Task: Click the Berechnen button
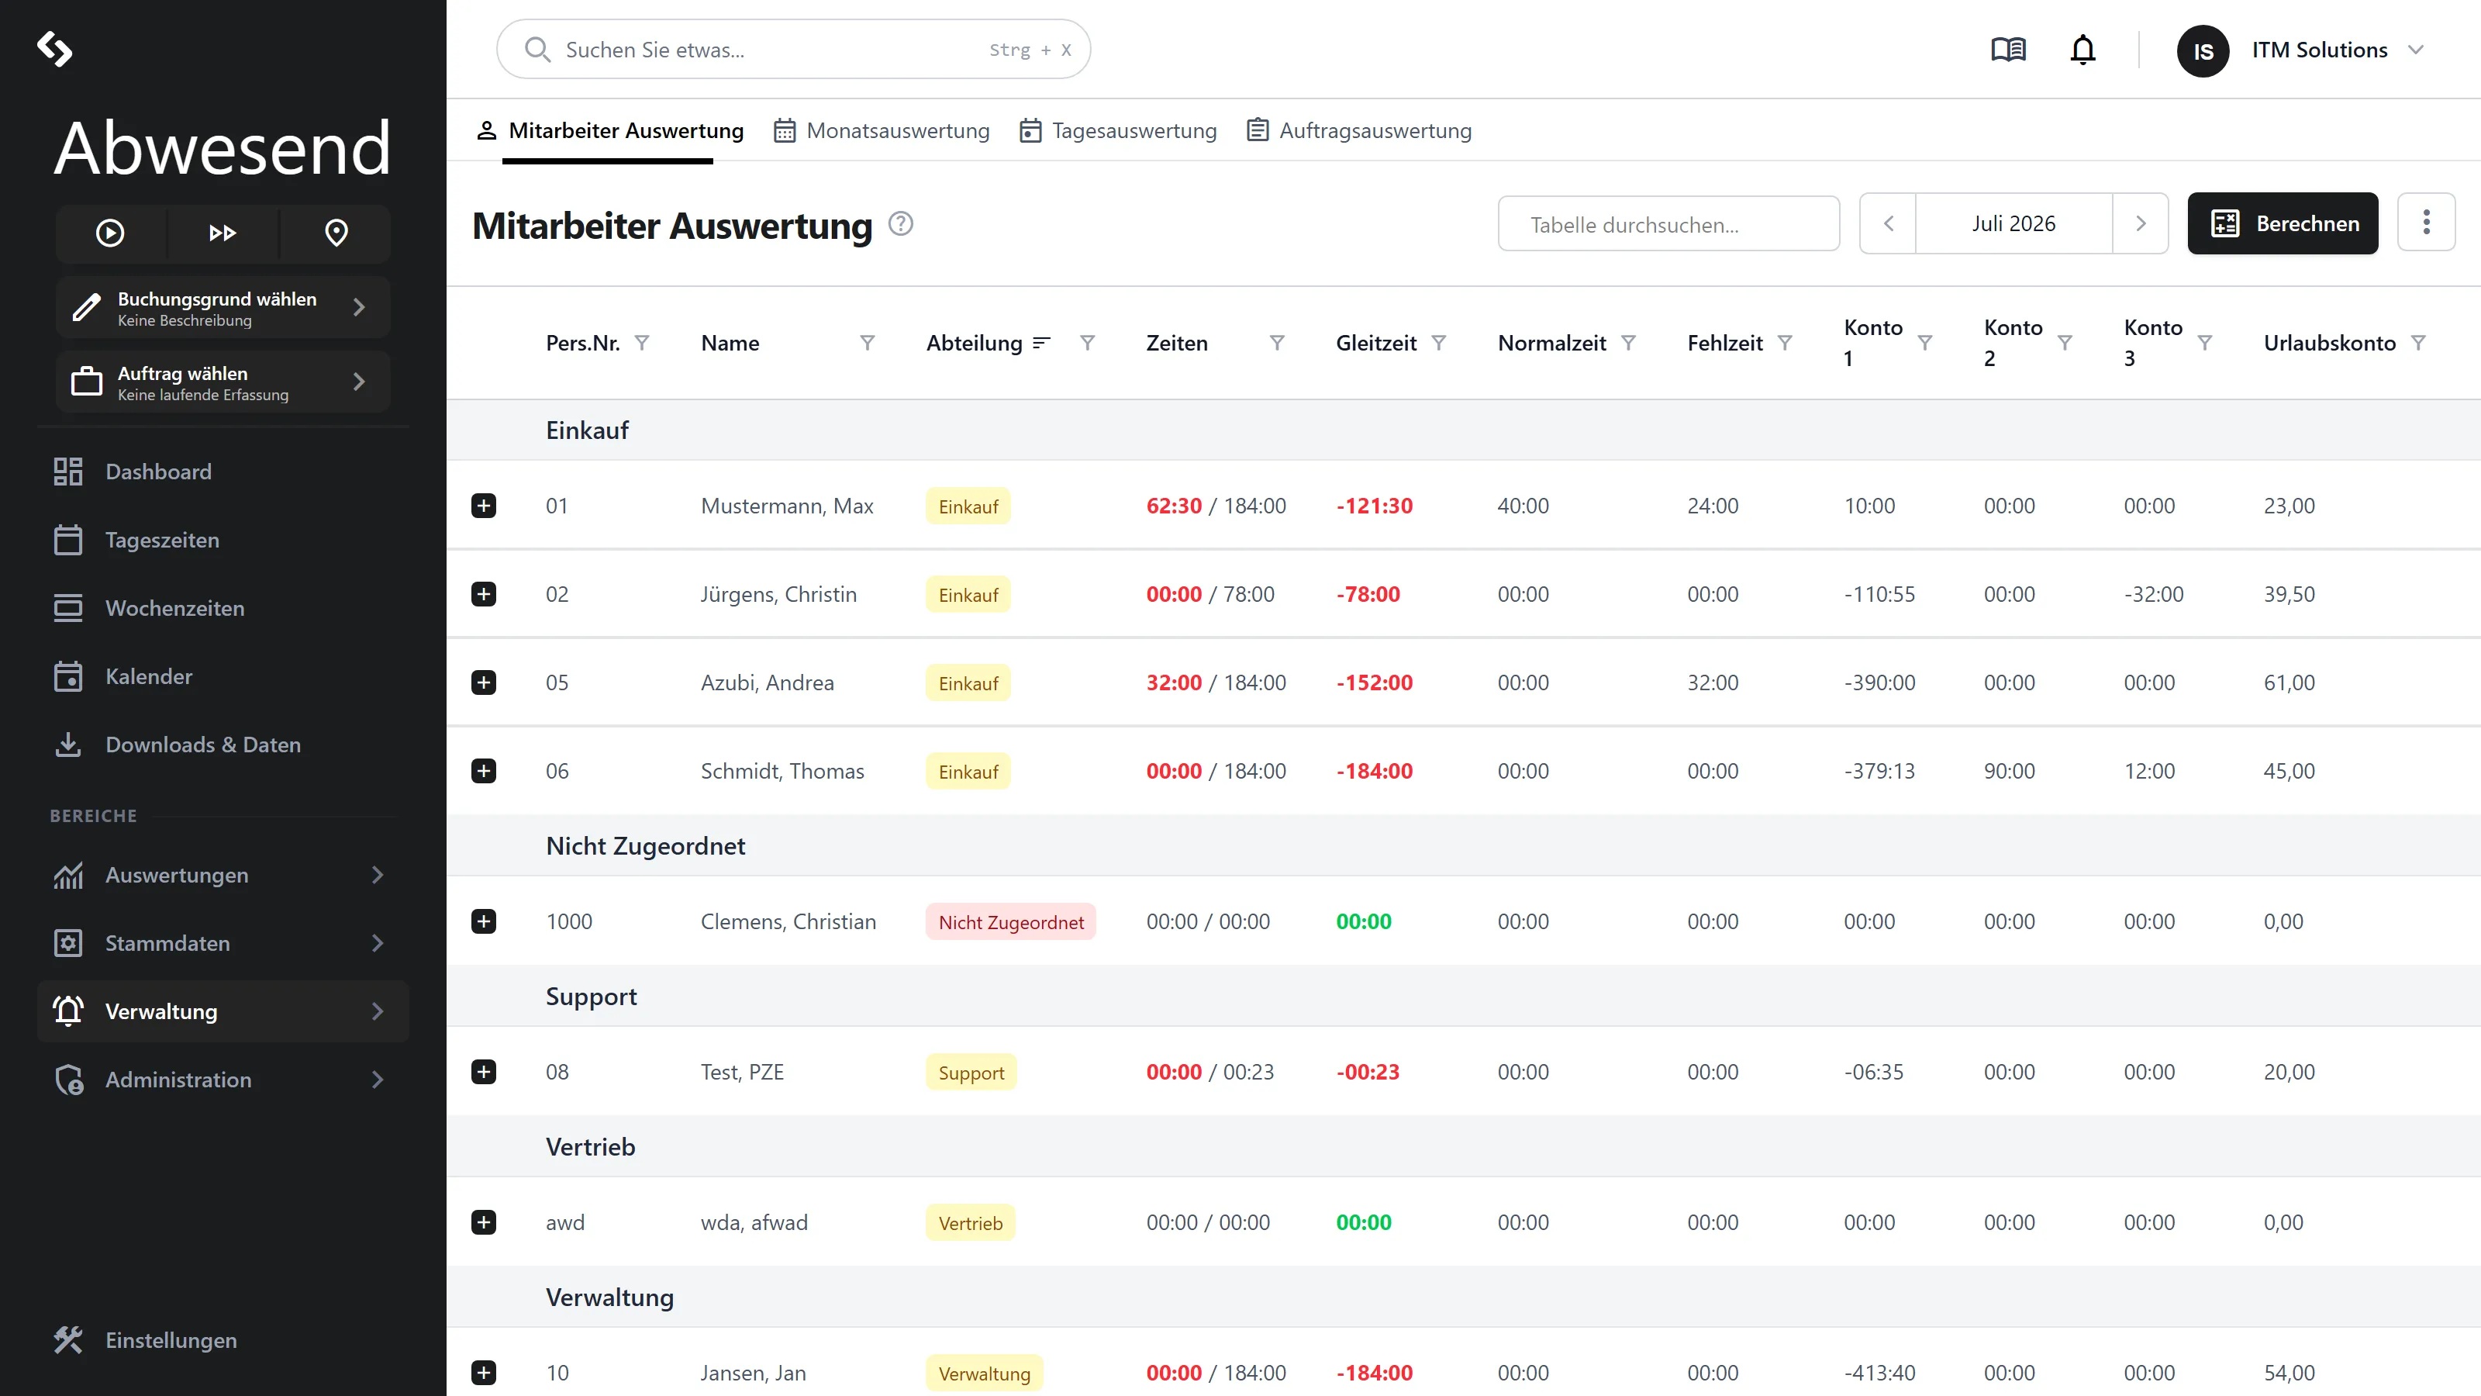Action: click(x=2282, y=223)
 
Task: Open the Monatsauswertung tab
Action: click(x=882, y=130)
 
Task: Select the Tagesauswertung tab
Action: click(x=1118, y=130)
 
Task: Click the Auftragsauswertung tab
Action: click(x=1359, y=130)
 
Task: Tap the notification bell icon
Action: click(x=2082, y=49)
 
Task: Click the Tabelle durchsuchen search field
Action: click(x=1668, y=223)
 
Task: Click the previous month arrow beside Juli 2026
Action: click(x=1888, y=223)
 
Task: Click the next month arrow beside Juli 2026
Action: click(x=2140, y=223)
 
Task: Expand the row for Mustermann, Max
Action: click(x=484, y=506)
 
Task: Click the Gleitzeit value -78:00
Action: click(x=1368, y=594)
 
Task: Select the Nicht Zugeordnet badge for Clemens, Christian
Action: click(x=1010, y=922)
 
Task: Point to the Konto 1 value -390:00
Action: click(x=1879, y=683)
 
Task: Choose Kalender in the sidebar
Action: click(x=148, y=676)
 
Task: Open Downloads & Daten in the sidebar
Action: click(x=202, y=745)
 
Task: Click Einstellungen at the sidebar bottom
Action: click(x=171, y=1340)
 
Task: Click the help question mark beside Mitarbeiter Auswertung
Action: click(x=900, y=223)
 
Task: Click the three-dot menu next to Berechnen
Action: click(x=2426, y=223)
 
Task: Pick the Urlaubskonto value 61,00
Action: click(x=2289, y=683)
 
